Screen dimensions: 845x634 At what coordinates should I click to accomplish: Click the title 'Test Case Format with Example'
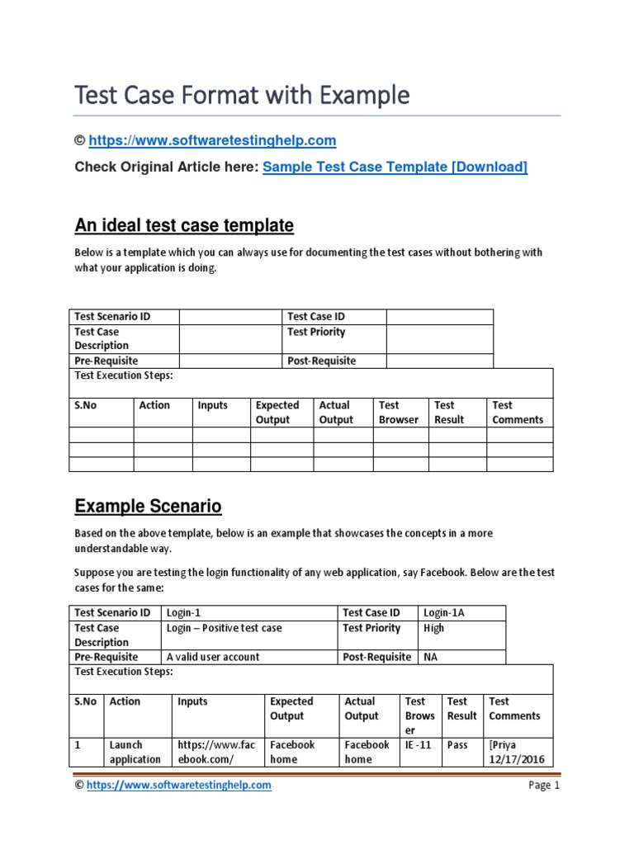[242, 96]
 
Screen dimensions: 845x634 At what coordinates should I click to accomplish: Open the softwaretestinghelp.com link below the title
[212, 140]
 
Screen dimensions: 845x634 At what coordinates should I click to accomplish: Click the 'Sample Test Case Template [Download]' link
[395, 167]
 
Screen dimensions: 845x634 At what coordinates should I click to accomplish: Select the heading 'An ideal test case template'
[184, 225]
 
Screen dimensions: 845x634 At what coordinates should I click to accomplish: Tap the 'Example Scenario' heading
[148, 506]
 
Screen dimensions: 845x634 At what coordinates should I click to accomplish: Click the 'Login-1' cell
[184, 612]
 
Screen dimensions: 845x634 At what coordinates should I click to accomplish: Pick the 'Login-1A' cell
[445, 612]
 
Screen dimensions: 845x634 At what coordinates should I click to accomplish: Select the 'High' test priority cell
[433, 628]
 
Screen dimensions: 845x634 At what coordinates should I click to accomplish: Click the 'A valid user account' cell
[213, 657]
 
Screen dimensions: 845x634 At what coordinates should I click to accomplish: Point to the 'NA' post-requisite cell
[431, 657]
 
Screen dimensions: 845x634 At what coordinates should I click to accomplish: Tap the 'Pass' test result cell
[457, 744]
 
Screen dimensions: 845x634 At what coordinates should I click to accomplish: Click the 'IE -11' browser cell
[418, 744]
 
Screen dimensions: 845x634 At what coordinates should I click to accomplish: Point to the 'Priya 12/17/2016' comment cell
[516, 752]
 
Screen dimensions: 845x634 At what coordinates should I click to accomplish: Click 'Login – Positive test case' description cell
[225, 628]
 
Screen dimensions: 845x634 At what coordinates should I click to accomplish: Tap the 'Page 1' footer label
[544, 786]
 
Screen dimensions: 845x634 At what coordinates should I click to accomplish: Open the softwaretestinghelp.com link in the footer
[178, 786]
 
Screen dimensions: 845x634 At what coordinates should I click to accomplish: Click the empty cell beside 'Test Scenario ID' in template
[229, 316]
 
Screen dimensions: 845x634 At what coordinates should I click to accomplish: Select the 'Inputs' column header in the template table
[213, 405]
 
